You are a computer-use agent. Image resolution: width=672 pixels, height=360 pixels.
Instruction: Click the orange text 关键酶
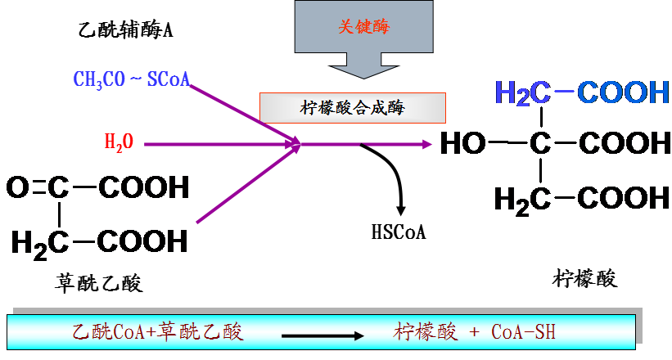tap(364, 26)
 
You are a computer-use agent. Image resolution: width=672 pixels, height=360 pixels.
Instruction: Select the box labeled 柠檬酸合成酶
tap(353, 107)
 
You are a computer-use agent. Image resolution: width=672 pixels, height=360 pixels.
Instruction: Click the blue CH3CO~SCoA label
tap(131, 79)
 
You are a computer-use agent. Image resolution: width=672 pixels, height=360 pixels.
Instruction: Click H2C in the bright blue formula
tap(522, 93)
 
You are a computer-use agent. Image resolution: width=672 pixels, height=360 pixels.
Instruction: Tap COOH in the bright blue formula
tap(623, 93)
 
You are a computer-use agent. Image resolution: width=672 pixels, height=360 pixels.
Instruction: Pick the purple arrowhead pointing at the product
tap(426, 145)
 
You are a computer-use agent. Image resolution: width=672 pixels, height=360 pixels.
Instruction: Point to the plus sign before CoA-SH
tap(474, 333)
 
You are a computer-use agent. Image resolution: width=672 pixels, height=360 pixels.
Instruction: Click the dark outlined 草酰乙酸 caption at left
tap(99, 284)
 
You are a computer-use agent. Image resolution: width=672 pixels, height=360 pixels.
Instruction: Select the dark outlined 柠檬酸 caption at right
tap(585, 278)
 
